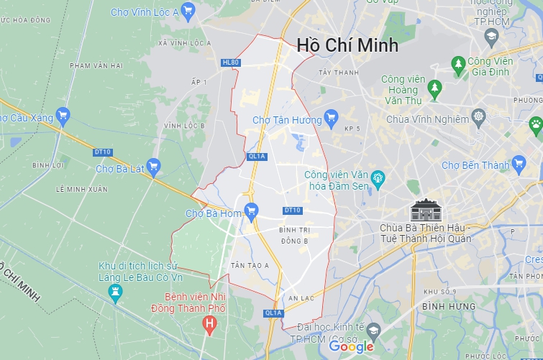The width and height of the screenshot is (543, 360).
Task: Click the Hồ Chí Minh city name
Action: click(x=347, y=45)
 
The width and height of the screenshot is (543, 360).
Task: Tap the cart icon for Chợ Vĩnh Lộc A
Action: click(x=188, y=10)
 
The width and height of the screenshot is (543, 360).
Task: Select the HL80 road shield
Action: click(x=230, y=63)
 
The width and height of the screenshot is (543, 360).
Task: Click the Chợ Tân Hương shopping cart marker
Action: click(x=331, y=119)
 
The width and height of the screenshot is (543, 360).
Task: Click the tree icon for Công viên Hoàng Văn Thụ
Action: click(x=434, y=88)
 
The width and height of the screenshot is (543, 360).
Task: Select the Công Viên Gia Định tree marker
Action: click(x=458, y=65)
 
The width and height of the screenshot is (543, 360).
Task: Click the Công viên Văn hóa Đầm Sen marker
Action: click(x=379, y=177)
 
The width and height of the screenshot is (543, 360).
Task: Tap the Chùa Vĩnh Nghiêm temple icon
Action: click(x=478, y=116)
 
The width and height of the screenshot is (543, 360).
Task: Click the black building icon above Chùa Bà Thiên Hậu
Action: click(x=425, y=210)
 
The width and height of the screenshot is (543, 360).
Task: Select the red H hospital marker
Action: click(x=209, y=326)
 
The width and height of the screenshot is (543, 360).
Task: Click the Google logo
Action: click(x=352, y=346)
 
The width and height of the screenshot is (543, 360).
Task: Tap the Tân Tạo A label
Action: click(x=249, y=265)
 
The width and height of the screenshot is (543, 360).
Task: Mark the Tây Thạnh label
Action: click(x=337, y=73)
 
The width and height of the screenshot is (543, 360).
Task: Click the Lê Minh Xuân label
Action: click(x=81, y=189)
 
